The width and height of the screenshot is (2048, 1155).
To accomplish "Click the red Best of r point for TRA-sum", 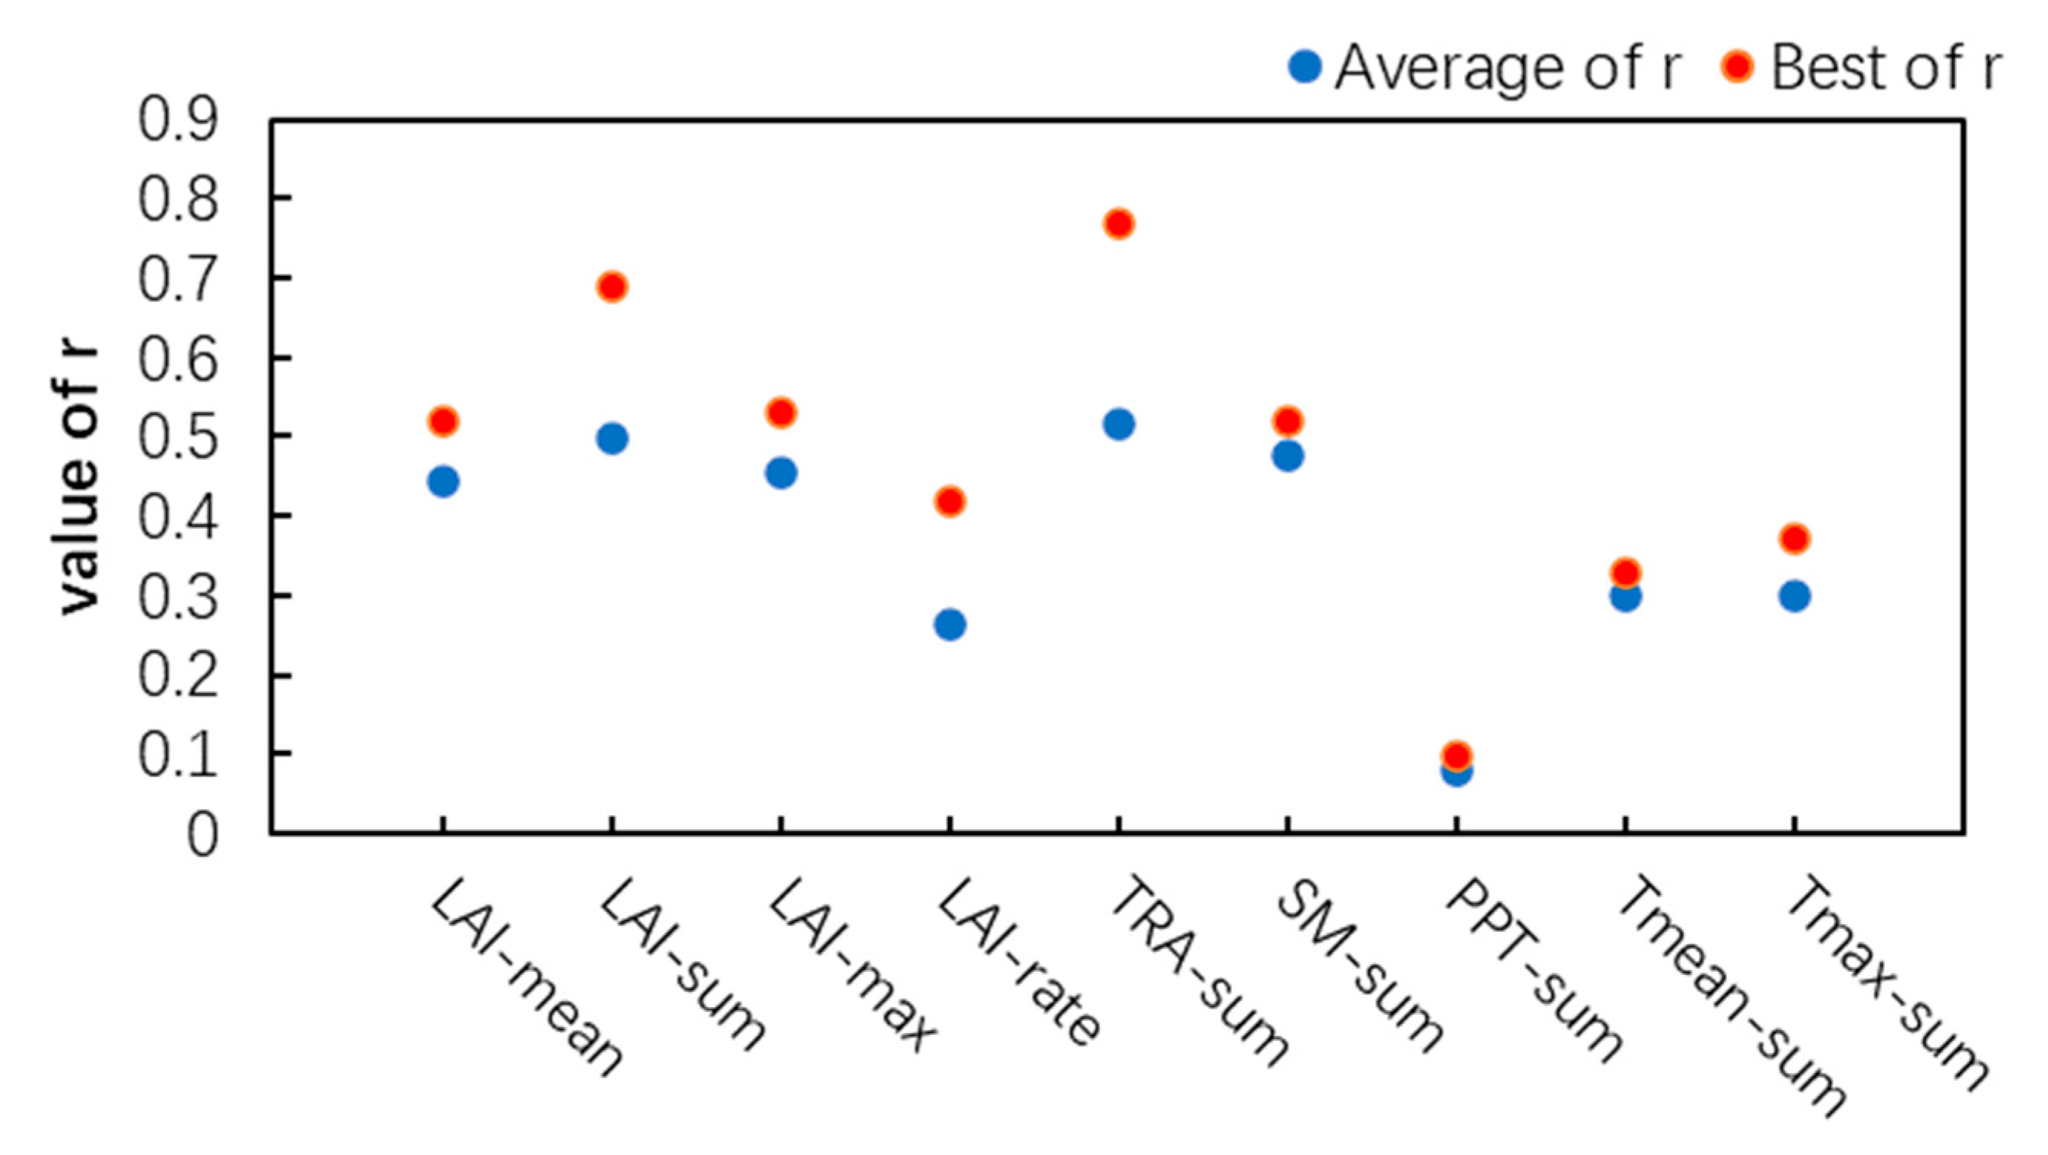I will [1118, 224].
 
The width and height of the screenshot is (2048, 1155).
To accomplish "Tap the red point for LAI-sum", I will [612, 286].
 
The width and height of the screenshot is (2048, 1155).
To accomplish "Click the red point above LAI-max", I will [781, 412].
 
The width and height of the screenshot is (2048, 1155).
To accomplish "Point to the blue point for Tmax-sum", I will [1794, 596].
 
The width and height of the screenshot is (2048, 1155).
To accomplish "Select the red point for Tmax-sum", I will [1794, 539].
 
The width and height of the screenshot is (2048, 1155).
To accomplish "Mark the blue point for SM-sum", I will [1287, 456].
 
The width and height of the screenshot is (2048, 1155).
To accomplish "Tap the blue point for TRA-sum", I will [1118, 425].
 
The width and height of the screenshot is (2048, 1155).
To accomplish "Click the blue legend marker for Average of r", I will [1304, 67].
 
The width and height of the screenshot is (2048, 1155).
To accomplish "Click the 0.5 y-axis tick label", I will [177, 436].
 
